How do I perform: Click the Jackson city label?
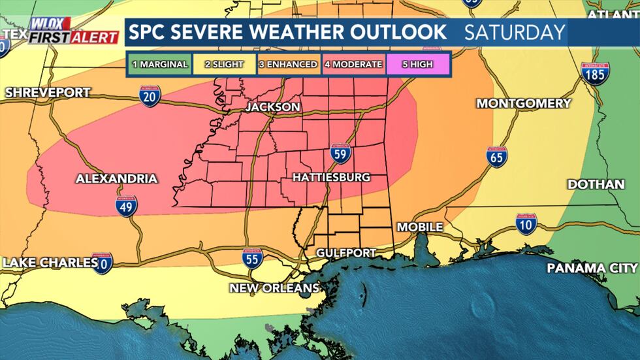[x=273, y=107]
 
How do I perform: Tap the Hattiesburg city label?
[x=331, y=178]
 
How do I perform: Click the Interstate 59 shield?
[x=341, y=153]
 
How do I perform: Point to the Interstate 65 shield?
[x=497, y=157]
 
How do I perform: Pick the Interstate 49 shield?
[x=127, y=206]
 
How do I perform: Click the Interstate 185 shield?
[x=595, y=74]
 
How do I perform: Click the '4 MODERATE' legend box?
[x=353, y=65]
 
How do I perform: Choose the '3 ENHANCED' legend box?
[x=289, y=65]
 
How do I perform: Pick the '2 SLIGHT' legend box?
[x=224, y=65]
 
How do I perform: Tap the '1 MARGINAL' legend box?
[x=159, y=65]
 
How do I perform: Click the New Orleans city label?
[x=274, y=288]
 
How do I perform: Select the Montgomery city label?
[x=523, y=104]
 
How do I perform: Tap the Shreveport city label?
[x=47, y=93]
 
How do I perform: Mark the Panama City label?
[x=591, y=269]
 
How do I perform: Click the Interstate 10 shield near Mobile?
[x=526, y=224]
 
